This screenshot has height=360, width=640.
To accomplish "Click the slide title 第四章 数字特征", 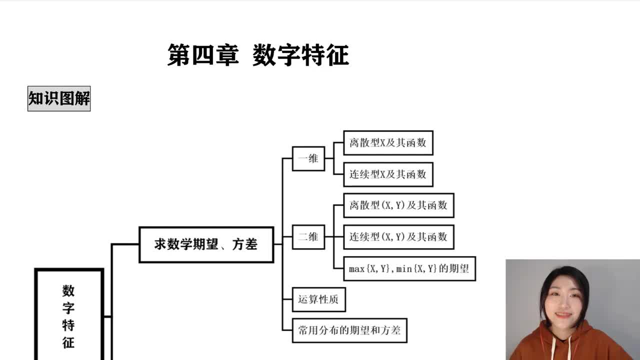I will pyautogui.click(x=258, y=55).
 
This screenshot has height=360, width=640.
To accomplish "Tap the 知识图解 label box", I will pyautogui.click(x=59, y=98).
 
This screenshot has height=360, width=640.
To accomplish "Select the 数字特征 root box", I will pyautogui.click(x=68, y=315).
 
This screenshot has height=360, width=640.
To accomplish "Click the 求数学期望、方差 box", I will pyautogui.click(x=206, y=244).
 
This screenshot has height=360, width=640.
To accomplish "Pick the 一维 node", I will pyautogui.click(x=308, y=158).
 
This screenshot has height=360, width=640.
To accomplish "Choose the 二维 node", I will pyautogui.click(x=308, y=236).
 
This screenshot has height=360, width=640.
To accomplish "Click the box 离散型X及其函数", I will pyautogui.click(x=388, y=143).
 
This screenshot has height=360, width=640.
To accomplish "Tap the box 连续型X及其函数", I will pyautogui.click(x=388, y=174).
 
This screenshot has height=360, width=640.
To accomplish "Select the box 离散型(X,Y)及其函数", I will pyautogui.click(x=398, y=205).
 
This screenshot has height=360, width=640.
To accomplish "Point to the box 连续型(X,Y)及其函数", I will pyautogui.click(x=398, y=237).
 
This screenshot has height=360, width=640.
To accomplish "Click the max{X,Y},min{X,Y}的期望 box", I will pyautogui.click(x=409, y=268).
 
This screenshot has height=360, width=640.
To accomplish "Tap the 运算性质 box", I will pyautogui.click(x=318, y=299).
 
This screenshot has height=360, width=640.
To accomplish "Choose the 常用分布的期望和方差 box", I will pyautogui.click(x=349, y=330).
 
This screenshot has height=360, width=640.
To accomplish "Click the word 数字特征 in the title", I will pyautogui.click(x=300, y=55).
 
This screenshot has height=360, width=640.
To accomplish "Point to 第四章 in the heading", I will pyautogui.click(x=202, y=55).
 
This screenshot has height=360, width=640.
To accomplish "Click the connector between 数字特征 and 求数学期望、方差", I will pyautogui.click(x=111, y=280).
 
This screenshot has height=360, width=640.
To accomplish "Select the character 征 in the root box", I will pyautogui.click(x=68, y=342).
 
